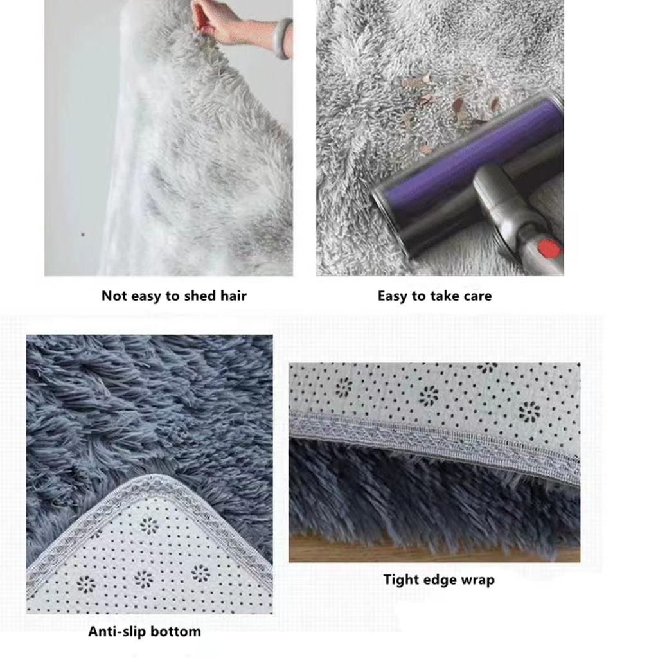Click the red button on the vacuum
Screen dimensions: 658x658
pos(548,248)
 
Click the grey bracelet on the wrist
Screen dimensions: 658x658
pos(283,38)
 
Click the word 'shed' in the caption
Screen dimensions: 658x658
pos(200,296)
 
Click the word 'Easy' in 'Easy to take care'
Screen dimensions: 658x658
pos(393,296)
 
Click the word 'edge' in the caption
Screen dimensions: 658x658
pos(439,580)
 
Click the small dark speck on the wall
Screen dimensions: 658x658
pos(83,235)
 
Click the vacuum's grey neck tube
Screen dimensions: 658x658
pos(508,206)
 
